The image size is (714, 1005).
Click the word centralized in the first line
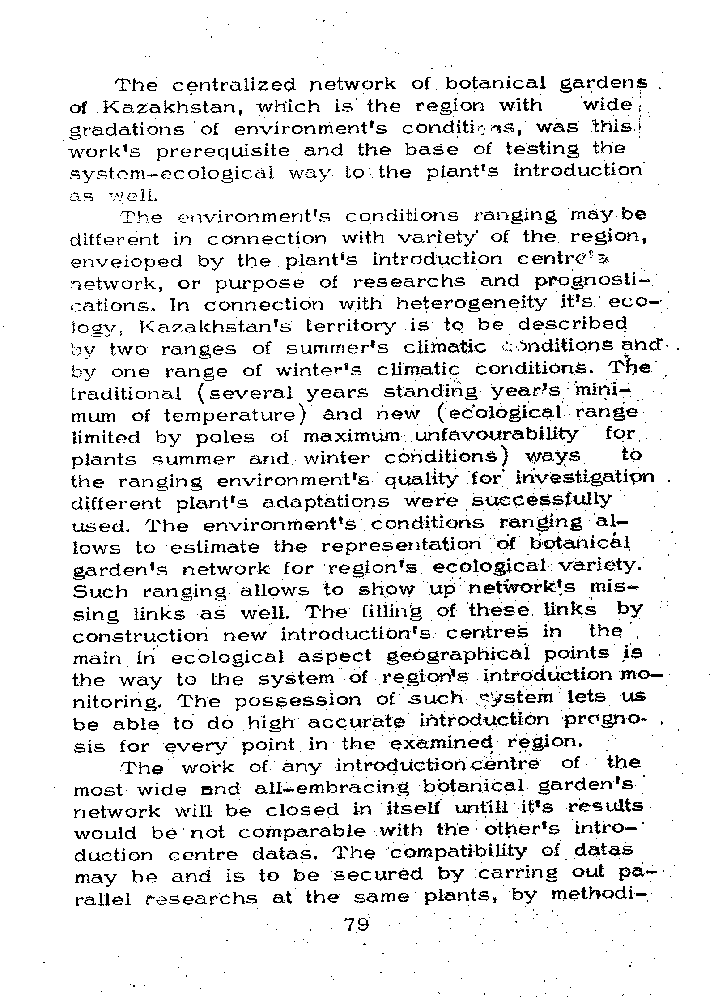[x=234, y=85]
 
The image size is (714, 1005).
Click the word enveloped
[x=127, y=261]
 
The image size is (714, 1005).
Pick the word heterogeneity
[x=471, y=304]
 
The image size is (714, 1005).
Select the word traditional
[x=126, y=393]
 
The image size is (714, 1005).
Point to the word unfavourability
[x=497, y=434]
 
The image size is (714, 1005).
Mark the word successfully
[x=542, y=500]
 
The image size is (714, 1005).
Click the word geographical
[x=458, y=655]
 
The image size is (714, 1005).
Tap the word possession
[x=297, y=699]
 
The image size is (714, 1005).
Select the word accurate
[x=356, y=721]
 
